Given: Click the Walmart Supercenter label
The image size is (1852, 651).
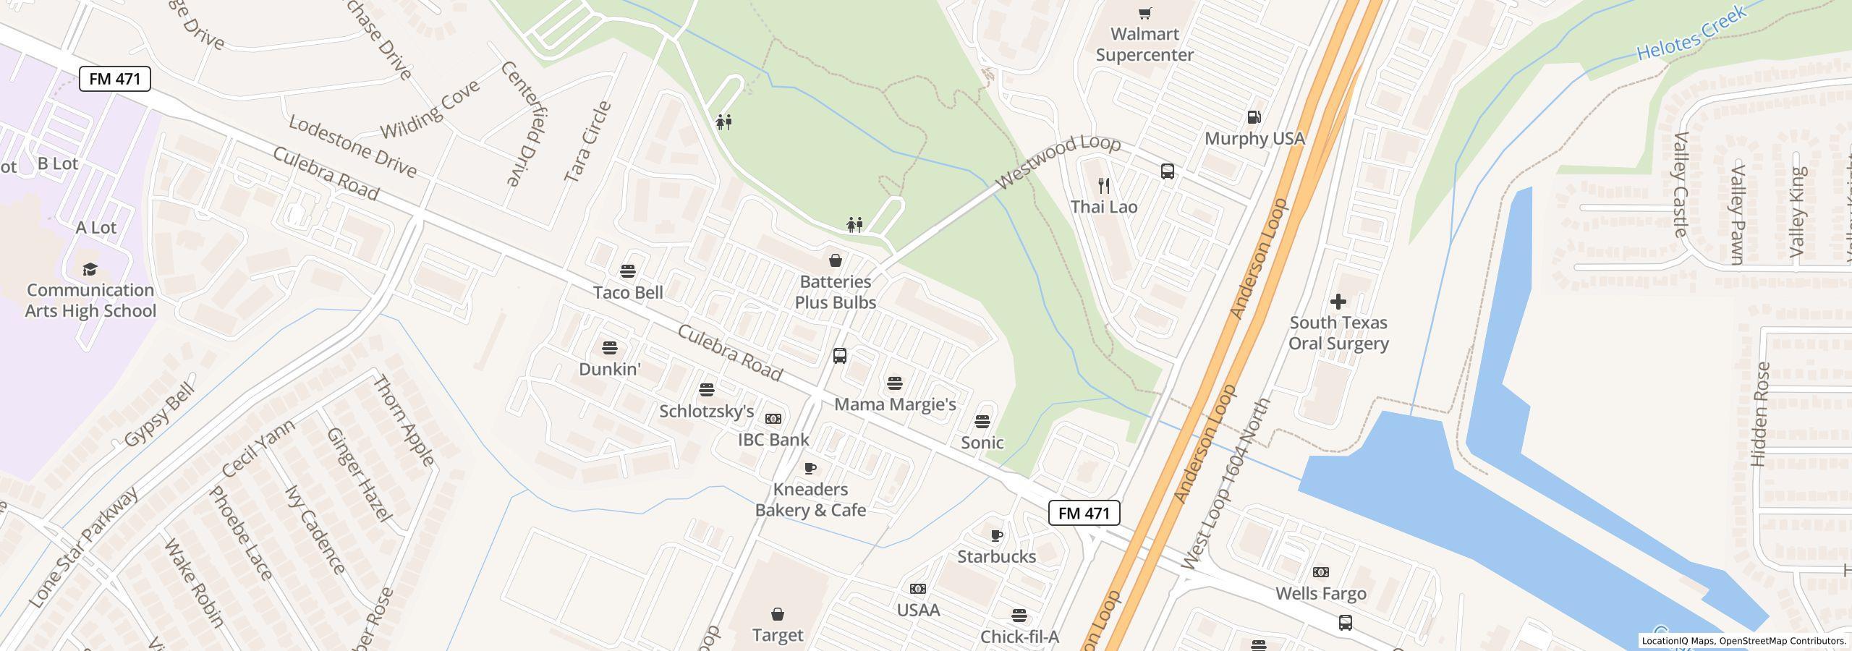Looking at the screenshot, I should click(1144, 44).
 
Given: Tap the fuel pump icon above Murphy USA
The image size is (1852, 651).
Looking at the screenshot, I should click(1254, 117).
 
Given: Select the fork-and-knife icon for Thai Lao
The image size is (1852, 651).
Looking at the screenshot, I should click(1104, 186).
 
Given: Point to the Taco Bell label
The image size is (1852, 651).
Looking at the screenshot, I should click(628, 292).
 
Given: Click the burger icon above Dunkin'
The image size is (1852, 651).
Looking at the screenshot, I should click(610, 348).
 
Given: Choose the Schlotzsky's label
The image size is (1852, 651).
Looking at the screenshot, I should click(706, 412).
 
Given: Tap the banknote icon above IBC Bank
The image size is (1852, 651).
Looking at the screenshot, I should click(773, 419).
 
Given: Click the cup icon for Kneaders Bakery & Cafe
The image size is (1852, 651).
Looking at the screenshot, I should click(810, 468).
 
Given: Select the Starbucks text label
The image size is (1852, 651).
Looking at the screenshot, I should click(996, 556).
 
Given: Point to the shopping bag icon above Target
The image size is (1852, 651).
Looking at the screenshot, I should click(778, 614).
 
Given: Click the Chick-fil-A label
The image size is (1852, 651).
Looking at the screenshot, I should click(1019, 637).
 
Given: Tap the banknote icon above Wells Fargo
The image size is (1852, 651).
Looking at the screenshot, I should click(1320, 572).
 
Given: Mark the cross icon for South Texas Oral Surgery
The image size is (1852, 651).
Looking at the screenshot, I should click(1338, 302).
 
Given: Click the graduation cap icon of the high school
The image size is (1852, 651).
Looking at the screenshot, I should click(90, 270).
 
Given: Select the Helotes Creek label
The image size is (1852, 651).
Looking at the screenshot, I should click(1691, 33).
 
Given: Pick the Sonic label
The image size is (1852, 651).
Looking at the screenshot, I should click(982, 443).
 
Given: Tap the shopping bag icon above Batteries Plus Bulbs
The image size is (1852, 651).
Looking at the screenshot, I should click(835, 260).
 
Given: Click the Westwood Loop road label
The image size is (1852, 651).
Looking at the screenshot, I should click(1058, 163).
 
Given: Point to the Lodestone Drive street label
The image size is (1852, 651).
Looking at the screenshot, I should click(352, 146).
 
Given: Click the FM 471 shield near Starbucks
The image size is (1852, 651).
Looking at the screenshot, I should click(1084, 513).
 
